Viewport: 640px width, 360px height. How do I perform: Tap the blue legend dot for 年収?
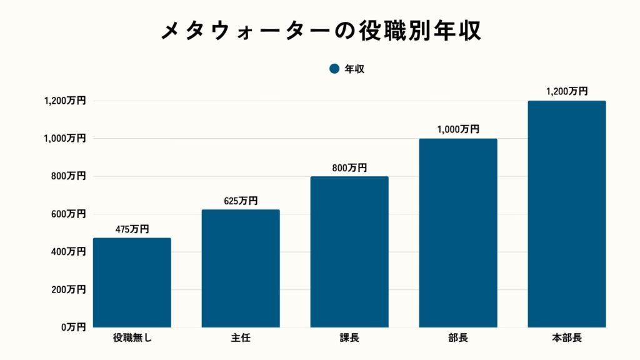(x=334, y=69)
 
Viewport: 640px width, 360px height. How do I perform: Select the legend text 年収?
(x=354, y=69)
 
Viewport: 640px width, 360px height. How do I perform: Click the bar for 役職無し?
(x=132, y=282)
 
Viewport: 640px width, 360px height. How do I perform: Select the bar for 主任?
(x=241, y=269)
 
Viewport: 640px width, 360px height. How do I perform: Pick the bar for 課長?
(x=349, y=252)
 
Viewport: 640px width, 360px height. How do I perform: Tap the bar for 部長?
(x=458, y=233)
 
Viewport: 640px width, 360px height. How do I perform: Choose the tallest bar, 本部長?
(x=567, y=214)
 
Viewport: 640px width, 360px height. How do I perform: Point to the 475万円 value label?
(x=132, y=229)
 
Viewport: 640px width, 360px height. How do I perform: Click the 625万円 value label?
(x=241, y=201)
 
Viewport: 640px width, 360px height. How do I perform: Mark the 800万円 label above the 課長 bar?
(x=349, y=168)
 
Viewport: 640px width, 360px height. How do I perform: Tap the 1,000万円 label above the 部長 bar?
(x=458, y=130)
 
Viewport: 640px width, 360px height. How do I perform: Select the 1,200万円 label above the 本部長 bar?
(x=567, y=92)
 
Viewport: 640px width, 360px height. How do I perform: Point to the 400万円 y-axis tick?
(x=68, y=252)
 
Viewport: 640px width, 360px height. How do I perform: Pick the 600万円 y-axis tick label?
(x=68, y=214)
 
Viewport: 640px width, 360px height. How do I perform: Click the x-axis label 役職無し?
(x=132, y=339)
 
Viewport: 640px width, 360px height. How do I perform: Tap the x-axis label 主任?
(x=241, y=339)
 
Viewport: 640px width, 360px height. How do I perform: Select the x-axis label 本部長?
(x=567, y=339)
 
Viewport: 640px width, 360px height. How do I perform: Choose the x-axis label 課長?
(x=349, y=339)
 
